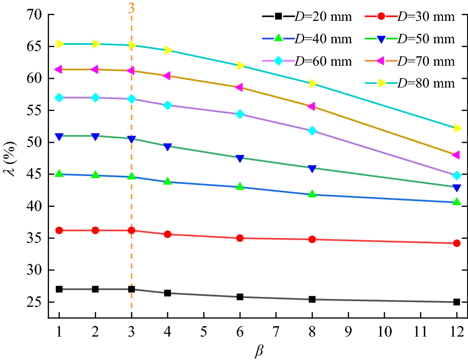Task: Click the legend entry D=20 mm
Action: [x=307, y=17]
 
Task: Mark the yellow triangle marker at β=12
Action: [x=457, y=128]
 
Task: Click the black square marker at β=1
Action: [x=59, y=289]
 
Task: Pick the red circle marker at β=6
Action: [x=240, y=238]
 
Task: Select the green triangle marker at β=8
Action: [x=312, y=194]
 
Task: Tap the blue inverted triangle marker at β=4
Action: [x=167, y=147]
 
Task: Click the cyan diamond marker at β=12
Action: [x=457, y=176]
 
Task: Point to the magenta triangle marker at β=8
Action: [x=312, y=106]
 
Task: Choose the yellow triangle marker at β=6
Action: [x=240, y=66]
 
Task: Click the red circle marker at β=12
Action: [x=457, y=243]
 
